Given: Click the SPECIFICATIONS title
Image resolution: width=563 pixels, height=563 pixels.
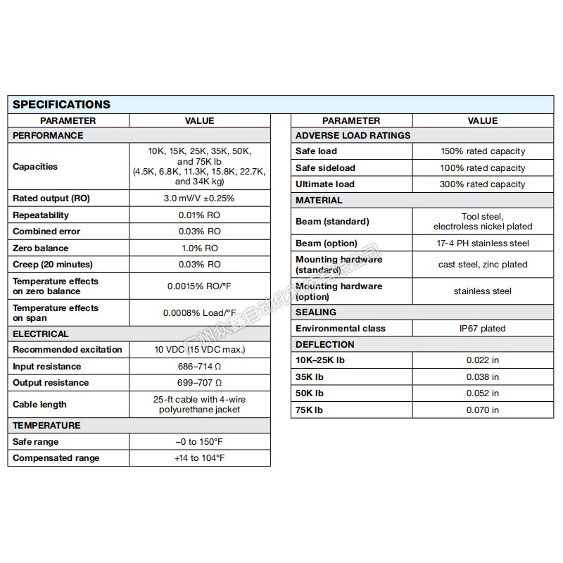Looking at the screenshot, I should [62, 104].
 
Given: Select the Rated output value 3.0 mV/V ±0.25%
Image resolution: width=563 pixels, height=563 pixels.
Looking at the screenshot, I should [199, 198].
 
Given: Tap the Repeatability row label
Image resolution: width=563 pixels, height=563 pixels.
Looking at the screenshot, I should [41, 215].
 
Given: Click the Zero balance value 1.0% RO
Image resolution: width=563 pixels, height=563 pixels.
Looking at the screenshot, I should [199, 248].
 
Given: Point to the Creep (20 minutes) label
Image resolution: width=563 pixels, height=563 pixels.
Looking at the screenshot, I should [53, 265].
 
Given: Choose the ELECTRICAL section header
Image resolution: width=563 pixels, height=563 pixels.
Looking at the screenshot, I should [41, 334].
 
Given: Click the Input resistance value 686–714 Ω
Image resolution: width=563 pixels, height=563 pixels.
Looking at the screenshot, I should [199, 366].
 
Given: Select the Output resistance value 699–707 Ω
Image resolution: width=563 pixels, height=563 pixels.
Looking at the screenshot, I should [199, 383].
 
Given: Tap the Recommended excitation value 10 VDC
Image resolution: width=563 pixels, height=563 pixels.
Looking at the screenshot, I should [199, 350].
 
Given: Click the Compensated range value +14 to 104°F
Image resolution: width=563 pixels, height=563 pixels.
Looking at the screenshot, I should [199, 458].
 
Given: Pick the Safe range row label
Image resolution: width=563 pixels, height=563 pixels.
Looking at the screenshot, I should [36, 442].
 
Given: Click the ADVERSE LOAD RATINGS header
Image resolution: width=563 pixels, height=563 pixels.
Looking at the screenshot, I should [353, 135].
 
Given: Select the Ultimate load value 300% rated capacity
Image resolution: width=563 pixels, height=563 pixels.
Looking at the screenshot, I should [482, 184].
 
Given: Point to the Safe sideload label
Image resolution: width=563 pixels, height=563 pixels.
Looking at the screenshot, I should [325, 168].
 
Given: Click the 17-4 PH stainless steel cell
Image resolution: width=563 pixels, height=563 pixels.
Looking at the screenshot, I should [482, 243].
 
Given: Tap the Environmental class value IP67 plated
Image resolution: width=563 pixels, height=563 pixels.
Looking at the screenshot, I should [482, 329].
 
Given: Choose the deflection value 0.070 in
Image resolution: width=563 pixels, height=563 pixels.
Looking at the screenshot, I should [482, 410].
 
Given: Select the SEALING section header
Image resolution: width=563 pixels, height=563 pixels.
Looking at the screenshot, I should [316, 312].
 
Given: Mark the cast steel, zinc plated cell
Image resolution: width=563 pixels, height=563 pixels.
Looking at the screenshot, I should [482, 265].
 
